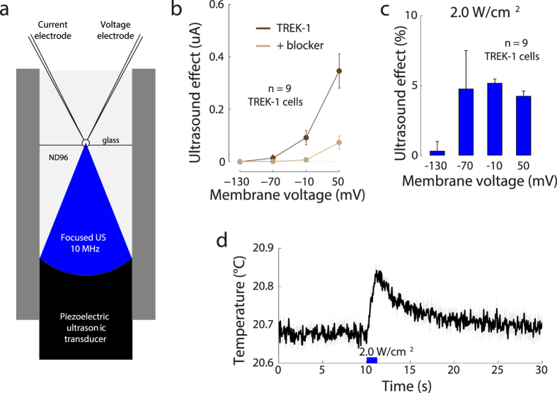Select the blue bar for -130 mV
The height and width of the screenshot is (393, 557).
[437, 153]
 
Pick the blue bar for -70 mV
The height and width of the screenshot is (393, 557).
[466, 122]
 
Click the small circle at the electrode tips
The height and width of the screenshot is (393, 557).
[86, 143]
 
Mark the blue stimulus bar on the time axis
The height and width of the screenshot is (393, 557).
[370, 361]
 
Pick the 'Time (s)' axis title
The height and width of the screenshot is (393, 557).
[410, 386]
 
